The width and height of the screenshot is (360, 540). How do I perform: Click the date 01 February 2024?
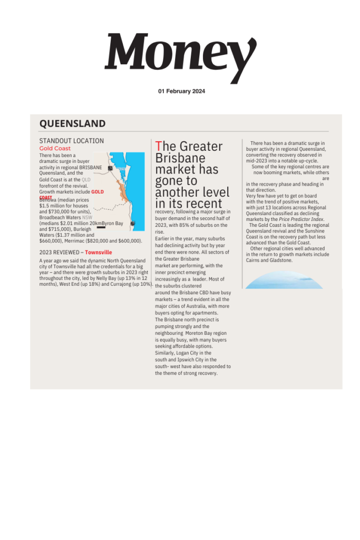click(x=181, y=91)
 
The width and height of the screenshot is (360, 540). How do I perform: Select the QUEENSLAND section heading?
click(x=72, y=123)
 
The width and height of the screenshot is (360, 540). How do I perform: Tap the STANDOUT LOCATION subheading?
click(x=71, y=141)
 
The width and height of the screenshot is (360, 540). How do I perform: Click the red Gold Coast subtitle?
click(x=55, y=149)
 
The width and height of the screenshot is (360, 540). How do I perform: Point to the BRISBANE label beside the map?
click(x=91, y=167)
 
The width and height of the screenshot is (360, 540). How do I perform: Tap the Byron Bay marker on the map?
click(x=133, y=224)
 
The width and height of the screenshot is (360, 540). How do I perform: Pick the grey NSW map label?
click(x=87, y=217)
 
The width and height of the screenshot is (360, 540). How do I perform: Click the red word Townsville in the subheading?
click(x=99, y=253)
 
